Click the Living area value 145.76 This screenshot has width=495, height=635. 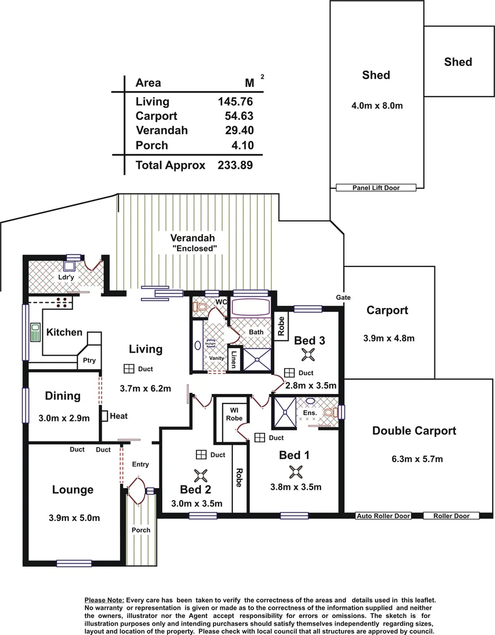235,102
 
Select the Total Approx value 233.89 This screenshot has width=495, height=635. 235,165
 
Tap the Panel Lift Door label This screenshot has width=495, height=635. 376,188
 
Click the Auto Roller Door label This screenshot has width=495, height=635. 383,516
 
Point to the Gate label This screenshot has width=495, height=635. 343,298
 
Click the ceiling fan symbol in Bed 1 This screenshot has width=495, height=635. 296,471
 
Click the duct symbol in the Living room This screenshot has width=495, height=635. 128,369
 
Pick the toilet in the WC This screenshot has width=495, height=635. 200,306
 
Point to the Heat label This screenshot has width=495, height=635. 118,416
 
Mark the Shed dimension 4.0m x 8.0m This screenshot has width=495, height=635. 376,106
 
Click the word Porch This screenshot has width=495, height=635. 141,530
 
